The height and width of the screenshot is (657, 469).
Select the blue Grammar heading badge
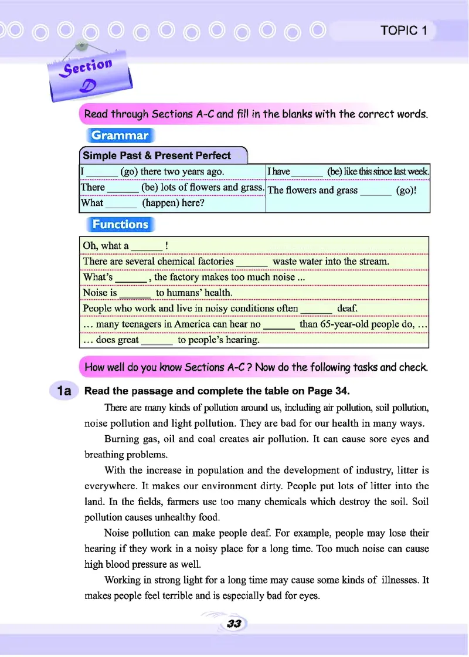(x=120, y=136)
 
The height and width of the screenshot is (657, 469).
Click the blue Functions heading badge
(x=120, y=224)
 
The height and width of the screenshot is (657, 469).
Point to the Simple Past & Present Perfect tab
(x=157, y=155)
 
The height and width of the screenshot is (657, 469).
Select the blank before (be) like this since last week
(x=307, y=172)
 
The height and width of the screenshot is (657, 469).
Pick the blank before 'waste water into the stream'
(x=253, y=262)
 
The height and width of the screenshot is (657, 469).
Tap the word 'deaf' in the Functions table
(x=348, y=308)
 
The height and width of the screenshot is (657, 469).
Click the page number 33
(x=234, y=624)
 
